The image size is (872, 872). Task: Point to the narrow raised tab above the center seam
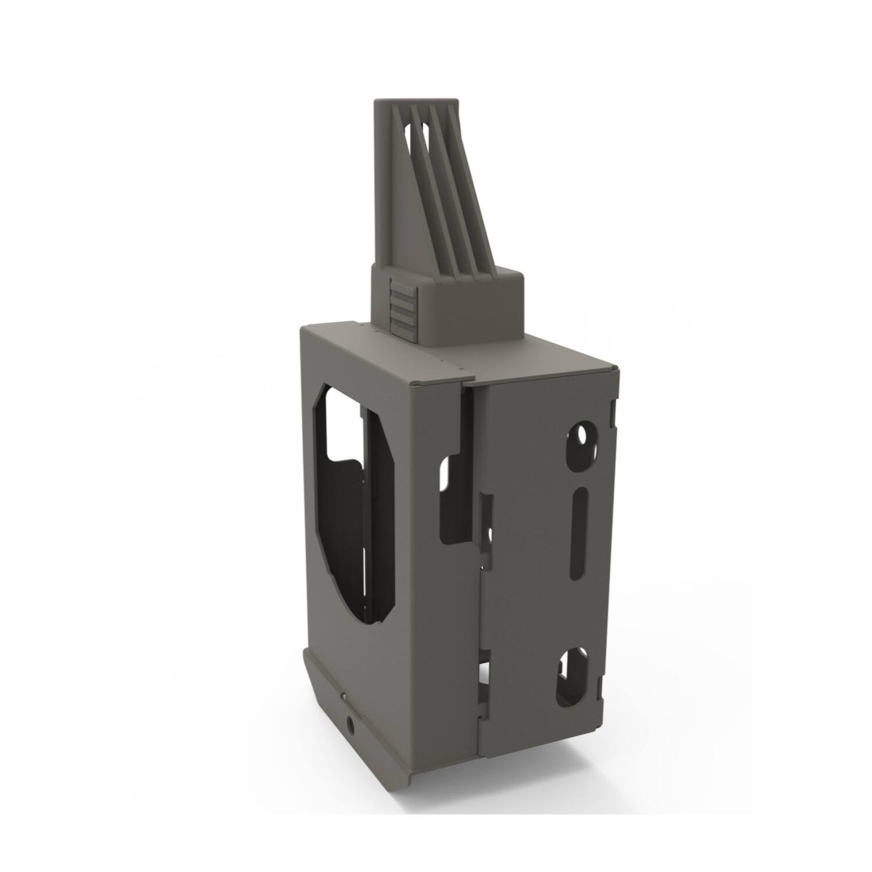pyautogui.click(x=487, y=517)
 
